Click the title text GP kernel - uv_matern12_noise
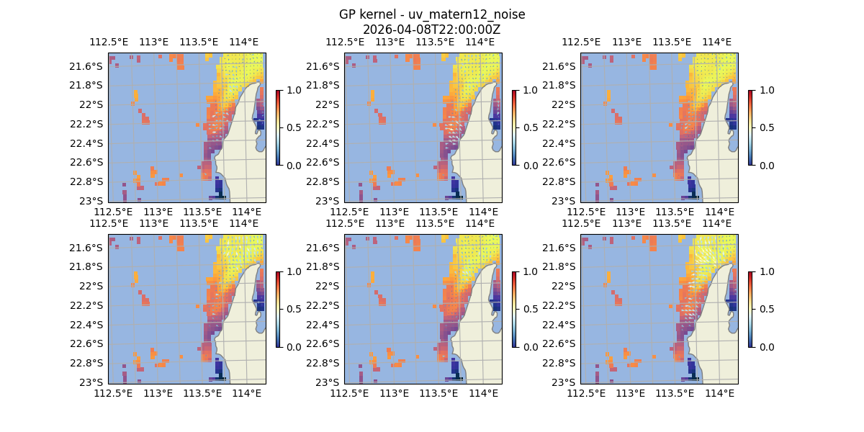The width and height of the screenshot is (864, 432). tap(431, 15)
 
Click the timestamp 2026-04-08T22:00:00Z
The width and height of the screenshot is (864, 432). tap(431, 30)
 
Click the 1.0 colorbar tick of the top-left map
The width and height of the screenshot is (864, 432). tap(293, 90)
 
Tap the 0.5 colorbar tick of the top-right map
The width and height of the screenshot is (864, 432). tap(765, 127)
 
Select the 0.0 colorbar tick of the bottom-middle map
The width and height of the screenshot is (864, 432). tap(529, 346)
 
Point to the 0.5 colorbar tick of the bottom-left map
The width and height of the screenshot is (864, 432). tap(293, 309)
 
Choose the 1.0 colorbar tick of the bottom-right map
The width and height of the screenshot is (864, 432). tap(765, 271)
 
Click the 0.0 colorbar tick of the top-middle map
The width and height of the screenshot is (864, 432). tap(529, 165)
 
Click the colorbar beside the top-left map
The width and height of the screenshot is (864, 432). tap(278, 127)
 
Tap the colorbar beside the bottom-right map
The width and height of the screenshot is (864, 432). tap(750, 309)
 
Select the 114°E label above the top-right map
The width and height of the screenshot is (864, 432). tap(716, 42)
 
